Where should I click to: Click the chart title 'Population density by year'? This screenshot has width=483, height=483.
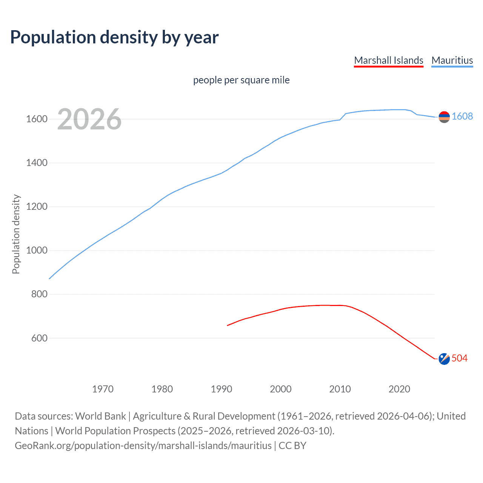click(114, 37)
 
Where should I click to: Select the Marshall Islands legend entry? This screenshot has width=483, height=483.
click(388, 60)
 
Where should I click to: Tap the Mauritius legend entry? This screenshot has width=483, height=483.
click(452, 60)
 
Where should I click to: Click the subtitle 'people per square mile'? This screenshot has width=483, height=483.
click(241, 80)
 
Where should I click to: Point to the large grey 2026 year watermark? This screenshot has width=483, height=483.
click(89, 119)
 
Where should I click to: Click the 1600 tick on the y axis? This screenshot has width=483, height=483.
click(37, 119)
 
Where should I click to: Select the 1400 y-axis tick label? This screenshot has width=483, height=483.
click(37, 163)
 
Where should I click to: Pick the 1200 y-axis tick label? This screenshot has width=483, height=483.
click(37, 207)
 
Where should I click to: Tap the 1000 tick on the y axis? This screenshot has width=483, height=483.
click(37, 251)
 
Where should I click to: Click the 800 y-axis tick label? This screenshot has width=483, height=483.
click(39, 294)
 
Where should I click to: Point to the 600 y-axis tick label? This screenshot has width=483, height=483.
click(39, 338)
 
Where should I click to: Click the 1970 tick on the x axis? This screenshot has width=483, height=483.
click(103, 389)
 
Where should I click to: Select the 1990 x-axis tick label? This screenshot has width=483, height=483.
click(222, 389)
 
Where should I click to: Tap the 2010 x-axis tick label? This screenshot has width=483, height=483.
click(340, 389)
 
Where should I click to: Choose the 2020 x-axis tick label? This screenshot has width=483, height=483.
click(399, 389)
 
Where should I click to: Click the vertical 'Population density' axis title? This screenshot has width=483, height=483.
click(16, 234)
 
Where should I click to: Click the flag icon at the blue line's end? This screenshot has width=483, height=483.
click(444, 117)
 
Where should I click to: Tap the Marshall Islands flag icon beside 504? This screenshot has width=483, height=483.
click(444, 359)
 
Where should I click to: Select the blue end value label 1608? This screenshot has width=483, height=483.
click(462, 116)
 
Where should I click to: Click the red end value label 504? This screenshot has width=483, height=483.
click(460, 358)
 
